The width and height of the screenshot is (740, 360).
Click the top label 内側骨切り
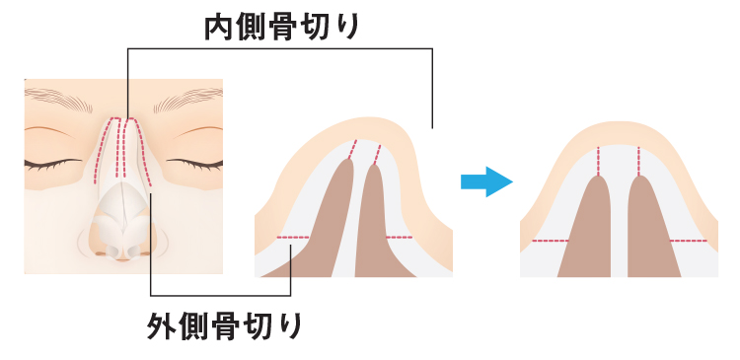pos(281,27)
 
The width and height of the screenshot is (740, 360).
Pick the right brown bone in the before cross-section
pos(379,227)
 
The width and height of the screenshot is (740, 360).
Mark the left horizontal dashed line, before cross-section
pos(293,238)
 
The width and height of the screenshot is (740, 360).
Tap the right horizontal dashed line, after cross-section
pos(689,241)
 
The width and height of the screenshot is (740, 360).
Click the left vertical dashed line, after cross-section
pos(599,160)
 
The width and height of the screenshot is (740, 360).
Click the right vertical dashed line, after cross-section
pos(639,160)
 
